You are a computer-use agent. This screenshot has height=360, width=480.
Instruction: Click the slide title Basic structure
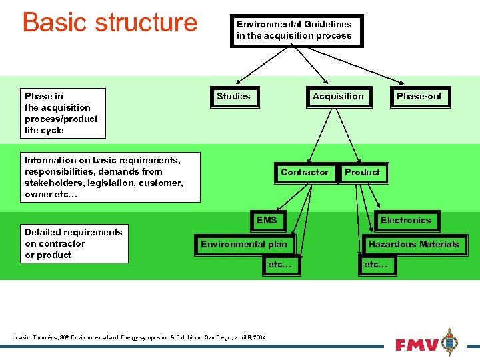pos(110,22)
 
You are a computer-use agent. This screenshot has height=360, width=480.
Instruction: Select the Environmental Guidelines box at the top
pos(297,31)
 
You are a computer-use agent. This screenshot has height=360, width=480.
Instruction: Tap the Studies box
pos(233,97)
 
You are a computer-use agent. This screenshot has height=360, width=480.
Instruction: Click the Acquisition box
pos(338,97)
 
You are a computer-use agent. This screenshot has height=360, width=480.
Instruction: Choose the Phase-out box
pos(419,97)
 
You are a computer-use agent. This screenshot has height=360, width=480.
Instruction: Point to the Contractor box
pos(305,173)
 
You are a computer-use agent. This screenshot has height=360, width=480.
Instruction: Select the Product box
pos(362,173)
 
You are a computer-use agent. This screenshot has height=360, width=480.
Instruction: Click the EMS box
pos(267,220)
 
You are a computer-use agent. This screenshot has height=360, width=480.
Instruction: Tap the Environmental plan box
pos(244,245)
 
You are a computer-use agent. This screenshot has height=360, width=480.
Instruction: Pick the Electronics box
pos(405,221)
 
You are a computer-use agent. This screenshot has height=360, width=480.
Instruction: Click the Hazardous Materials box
pos(413,245)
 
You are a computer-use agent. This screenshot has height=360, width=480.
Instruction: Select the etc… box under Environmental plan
pos(280,265)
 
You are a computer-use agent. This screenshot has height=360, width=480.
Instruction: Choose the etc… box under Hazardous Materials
pos(376,265)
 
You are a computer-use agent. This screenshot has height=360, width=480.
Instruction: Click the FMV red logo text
pos(417,345)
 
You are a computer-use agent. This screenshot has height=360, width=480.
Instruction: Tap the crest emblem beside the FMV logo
pos(451,342)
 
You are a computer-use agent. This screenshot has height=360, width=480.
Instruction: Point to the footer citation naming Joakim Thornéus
pos(139,337)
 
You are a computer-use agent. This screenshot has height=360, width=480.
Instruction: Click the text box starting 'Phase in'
pos(61,113)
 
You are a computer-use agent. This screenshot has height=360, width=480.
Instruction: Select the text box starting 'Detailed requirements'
pos(73,243)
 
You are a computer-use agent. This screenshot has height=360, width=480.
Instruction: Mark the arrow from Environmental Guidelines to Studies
pos(257,67)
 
